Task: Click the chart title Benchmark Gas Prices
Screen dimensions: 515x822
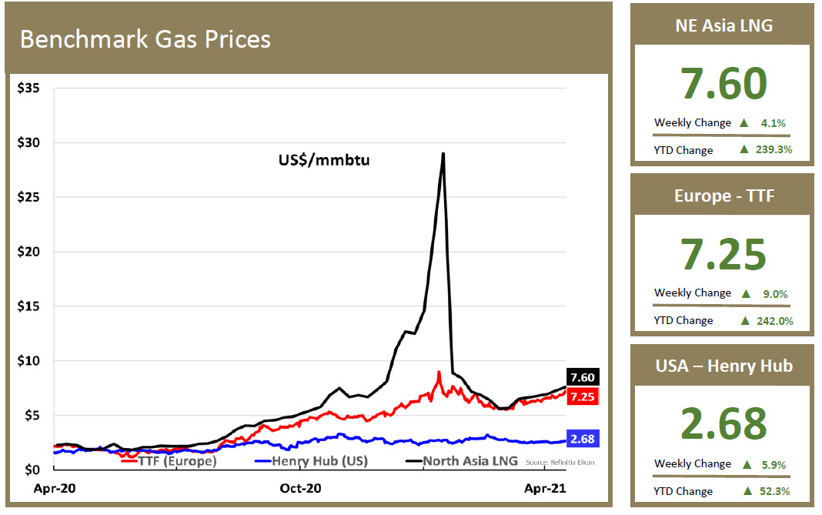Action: (x=145, y=39)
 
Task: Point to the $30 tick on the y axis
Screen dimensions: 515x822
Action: (x=30, y=143)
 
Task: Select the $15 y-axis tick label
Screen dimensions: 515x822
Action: (x=30, y=306)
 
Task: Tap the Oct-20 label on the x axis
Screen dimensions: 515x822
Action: (x=300, y=488)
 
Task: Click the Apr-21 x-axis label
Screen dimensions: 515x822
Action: (x=545, y=488)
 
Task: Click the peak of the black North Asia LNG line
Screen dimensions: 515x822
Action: (x=443, y=154)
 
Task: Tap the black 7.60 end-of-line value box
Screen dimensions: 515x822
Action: (x=583, y=377)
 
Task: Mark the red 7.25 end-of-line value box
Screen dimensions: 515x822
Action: (x=583, y=396)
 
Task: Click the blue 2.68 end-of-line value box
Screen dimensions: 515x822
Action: (x=583, y=439)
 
